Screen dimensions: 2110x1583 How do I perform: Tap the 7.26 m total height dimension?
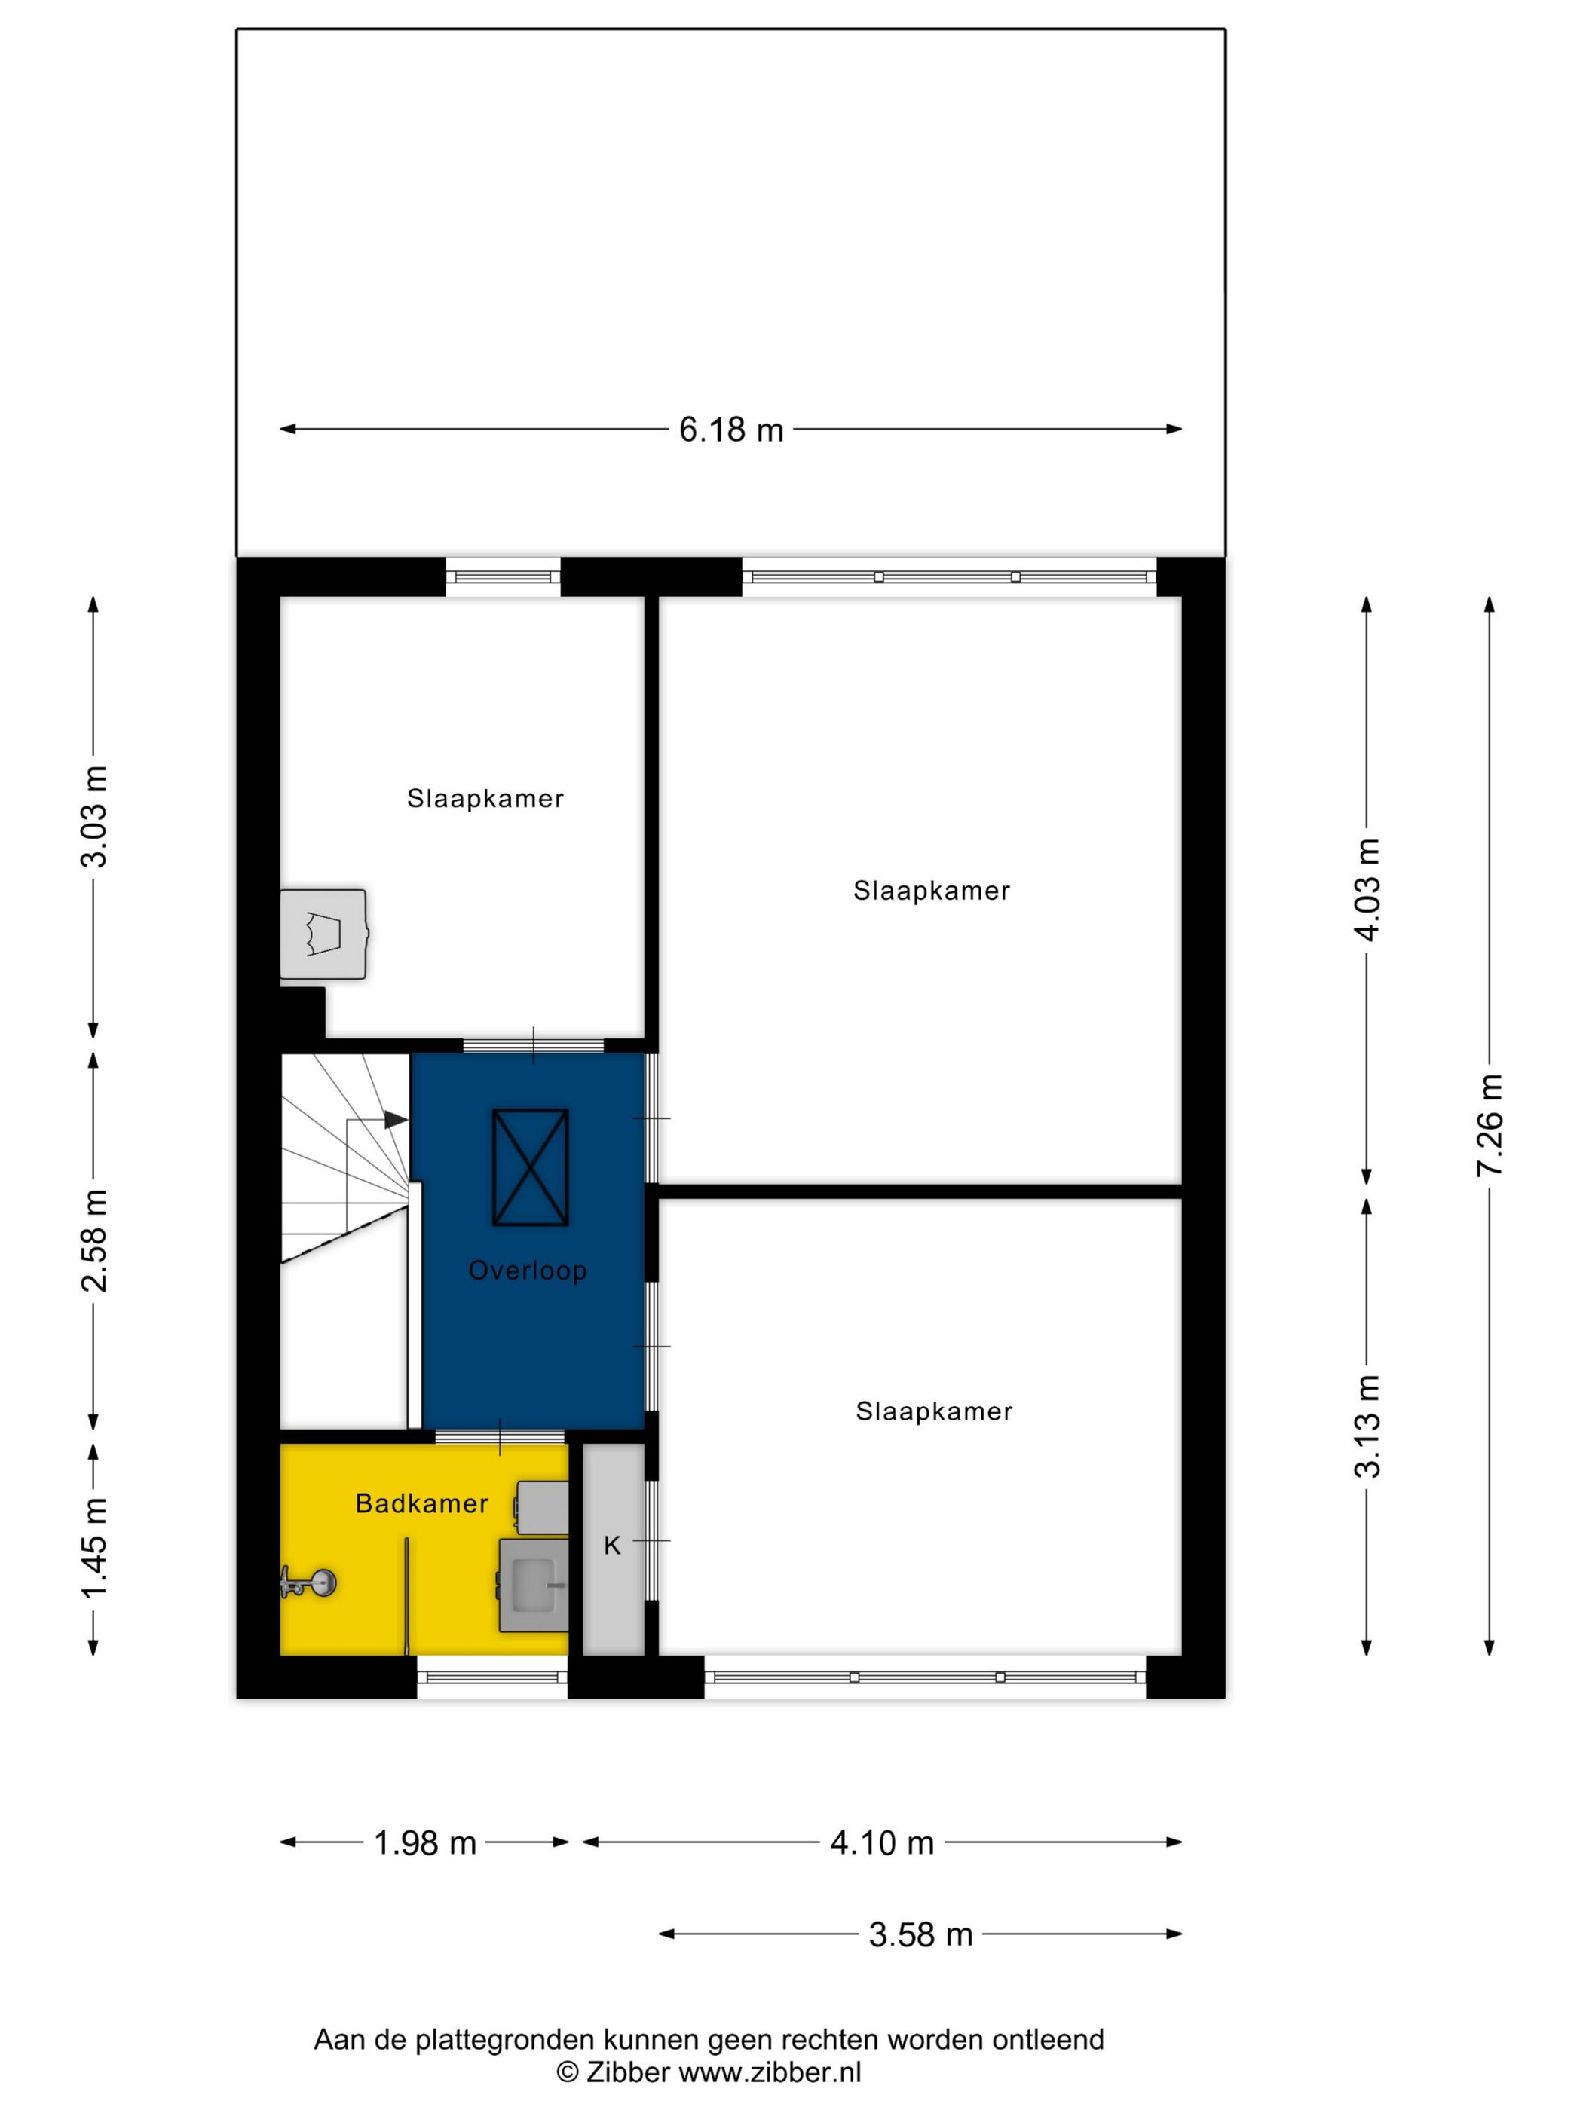click(x=1489, y=1124)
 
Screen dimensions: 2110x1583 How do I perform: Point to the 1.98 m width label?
click(x=424, y=1843)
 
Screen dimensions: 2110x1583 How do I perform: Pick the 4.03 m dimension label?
click(x=1367, y=889)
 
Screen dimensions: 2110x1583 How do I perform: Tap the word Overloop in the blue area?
click(x=527, y=1271)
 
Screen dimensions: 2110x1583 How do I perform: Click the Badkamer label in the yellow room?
click(x=421, y=1503)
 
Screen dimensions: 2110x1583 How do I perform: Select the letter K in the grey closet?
click(x=611, y=1546)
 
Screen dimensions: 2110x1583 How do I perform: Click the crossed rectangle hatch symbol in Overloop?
click(x=530, y=1167)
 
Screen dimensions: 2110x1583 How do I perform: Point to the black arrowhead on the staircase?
click(x=395, y=1120)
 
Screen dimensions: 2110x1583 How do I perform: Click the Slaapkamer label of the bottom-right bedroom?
click(x=933, y=1411)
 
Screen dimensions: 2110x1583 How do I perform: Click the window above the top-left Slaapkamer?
click(x=502, y=577)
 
